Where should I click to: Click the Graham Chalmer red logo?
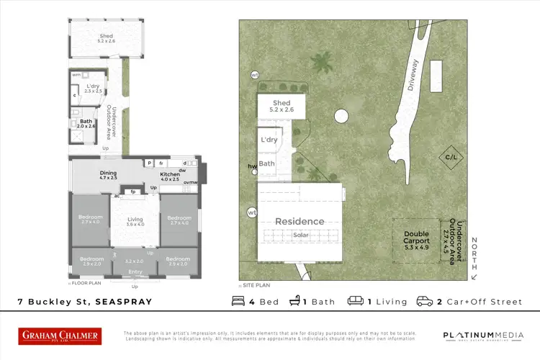[x=59, y=336]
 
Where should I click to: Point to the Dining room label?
[x=108, y=173]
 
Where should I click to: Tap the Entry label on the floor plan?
[x=135, y=271]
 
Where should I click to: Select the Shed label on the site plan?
[x=282, y=104]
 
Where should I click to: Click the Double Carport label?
[x=416, y=238]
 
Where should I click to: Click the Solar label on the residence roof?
[x=301, y=235]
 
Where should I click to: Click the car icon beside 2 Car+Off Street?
[x=425, y=302]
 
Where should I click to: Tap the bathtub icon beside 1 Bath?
[x=295, y=302]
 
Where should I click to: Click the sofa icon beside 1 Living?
[x=355, y=302]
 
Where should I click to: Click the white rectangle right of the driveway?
[x=436, y=74]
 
